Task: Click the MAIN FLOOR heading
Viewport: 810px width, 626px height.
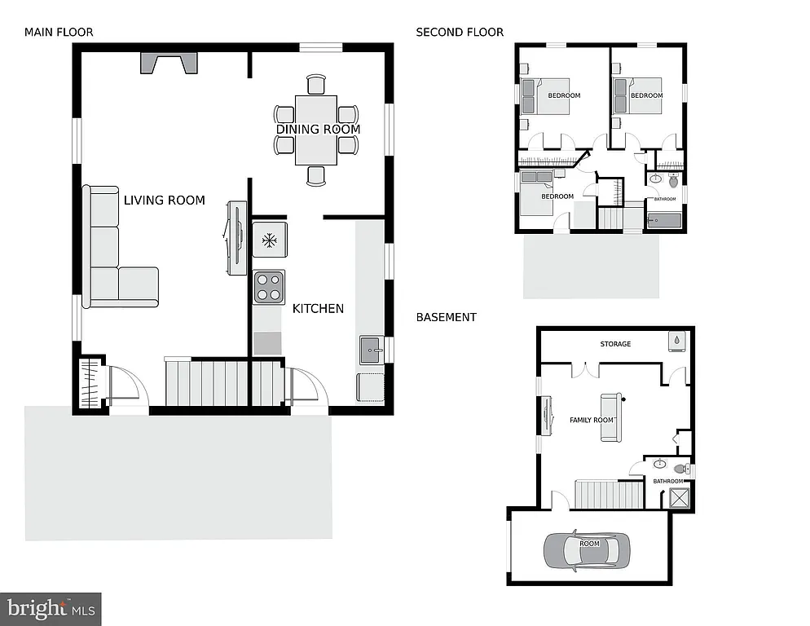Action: click(x=59, y=33)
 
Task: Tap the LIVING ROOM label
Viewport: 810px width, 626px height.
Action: click(x=164, y=200)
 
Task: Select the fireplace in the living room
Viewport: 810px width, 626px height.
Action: click(x=169, y=63)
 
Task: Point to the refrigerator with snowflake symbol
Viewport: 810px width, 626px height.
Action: click(x=268, y=240)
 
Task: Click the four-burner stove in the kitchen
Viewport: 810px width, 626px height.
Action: click(x=269, y=286)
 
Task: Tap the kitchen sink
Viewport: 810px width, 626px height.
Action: click(x=370, y=351)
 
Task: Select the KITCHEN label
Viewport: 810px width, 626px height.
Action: click(x=318, y=308)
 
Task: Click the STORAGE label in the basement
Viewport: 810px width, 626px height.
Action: click(x=615, y=344)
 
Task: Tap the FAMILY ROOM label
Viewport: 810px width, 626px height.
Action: click(x=592, y=420)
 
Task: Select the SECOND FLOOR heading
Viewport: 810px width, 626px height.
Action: click(x=460, y=33)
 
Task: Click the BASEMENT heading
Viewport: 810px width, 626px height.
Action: click(x=446, y=317)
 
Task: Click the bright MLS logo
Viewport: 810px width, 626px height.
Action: click(x=51, y=608)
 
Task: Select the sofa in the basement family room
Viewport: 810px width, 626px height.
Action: click(x=610, y=417)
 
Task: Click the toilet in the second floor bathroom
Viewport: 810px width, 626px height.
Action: click(x=673, y=177)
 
